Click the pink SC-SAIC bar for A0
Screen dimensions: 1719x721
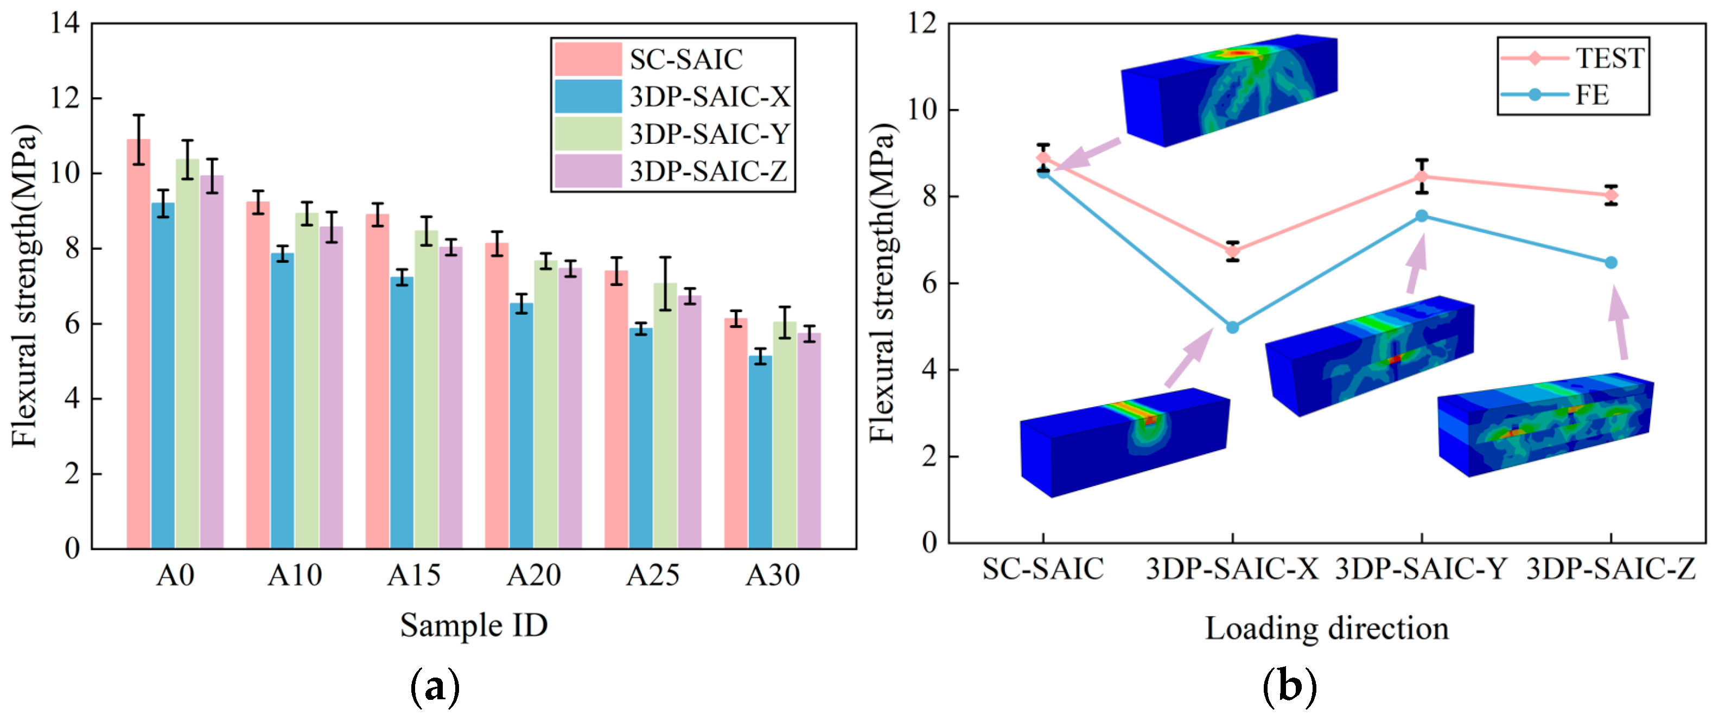coord(139,344)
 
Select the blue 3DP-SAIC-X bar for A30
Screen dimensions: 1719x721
coord(760,452)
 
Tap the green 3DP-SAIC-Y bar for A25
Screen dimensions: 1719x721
coord(665,416)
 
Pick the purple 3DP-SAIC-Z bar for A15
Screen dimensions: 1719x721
coord(450,398)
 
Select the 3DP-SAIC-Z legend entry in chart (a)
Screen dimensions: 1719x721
coord(671,172)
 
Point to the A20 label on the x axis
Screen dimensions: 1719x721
coord(533,575)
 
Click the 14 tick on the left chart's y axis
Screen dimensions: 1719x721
coord(65,23)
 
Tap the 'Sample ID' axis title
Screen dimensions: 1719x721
coord(474,626)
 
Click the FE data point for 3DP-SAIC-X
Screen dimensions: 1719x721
coord(1232,327)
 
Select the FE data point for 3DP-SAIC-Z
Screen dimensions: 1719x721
coord(1611,262)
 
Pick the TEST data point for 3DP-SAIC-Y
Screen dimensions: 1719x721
coord(1422,177)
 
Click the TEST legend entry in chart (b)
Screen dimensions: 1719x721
coord(1572,58)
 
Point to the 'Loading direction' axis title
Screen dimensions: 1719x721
coord(1327,629)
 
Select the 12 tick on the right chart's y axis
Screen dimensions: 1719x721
coord(922,23)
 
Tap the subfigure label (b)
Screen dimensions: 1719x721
coord(1290,687)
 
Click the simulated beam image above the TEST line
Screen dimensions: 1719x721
coord(1229,90)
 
